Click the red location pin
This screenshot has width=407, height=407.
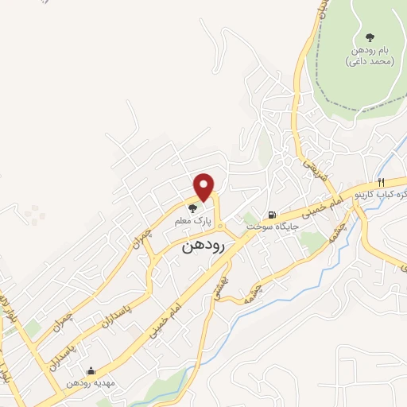(204, 187)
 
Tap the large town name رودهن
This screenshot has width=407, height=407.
(203, 246)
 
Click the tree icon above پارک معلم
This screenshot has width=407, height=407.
(191, 208)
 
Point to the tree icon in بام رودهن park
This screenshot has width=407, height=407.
(370, 37)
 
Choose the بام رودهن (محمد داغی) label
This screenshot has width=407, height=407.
(370, 56)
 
